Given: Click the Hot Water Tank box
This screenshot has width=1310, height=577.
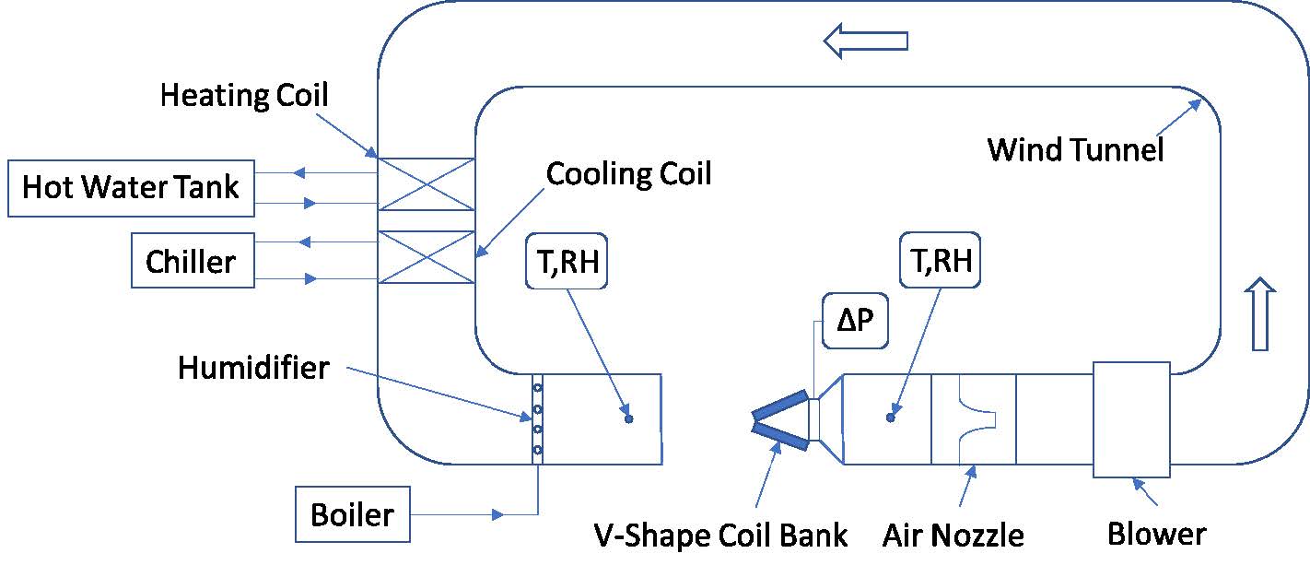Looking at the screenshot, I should pos(130,188).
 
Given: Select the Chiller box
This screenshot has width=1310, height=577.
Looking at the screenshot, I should pos(192,262).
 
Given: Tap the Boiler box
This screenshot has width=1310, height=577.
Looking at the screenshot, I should pos(352,514).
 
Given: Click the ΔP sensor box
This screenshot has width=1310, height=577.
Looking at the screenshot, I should pos(855,323).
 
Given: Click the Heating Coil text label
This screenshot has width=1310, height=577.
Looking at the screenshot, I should pos(244,95).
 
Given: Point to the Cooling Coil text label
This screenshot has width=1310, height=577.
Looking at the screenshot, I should pos(628,173).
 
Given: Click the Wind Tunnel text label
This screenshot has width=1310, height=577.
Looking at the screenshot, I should pos(1075,149).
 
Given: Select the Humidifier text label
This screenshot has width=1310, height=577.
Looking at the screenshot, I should pos(253,369).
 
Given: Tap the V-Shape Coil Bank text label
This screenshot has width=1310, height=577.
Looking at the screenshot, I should pos(719,535).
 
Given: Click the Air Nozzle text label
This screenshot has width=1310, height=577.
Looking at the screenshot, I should pos(953,535).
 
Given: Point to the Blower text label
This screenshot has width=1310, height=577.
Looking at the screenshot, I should pos(1156,534).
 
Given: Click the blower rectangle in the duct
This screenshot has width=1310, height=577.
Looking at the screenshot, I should pos(1131,419).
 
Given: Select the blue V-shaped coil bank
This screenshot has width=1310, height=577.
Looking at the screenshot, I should pos(780,420).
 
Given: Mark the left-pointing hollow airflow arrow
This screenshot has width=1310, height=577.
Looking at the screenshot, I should pos(866,41).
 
